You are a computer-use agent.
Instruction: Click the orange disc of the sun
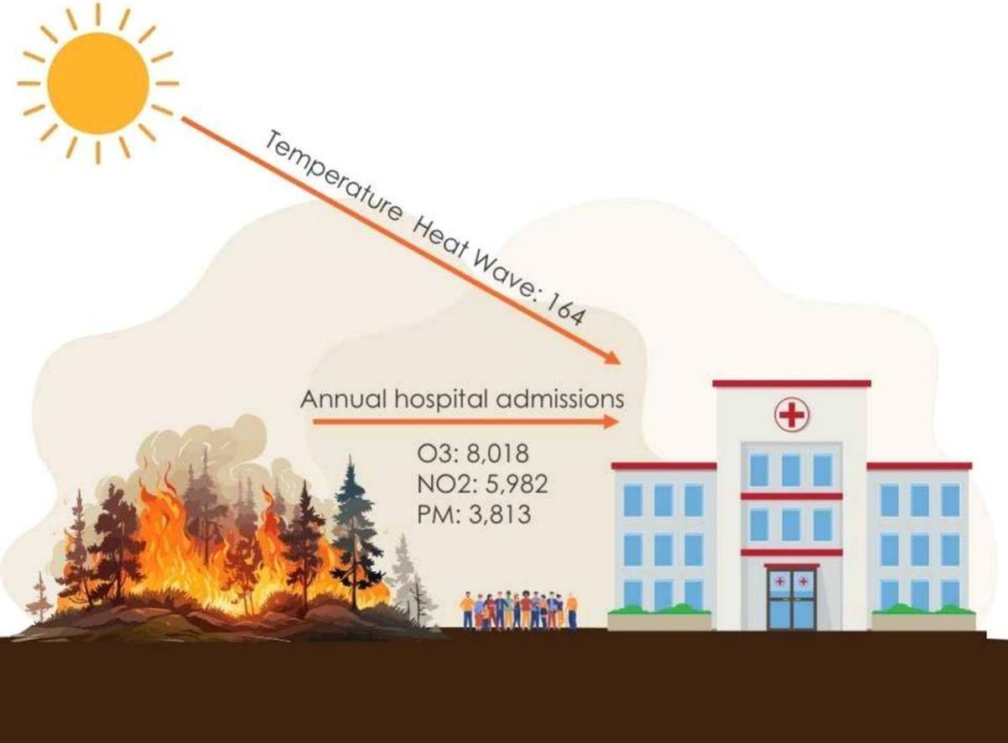click(97, 83)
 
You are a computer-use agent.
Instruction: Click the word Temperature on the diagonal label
click(331, 179)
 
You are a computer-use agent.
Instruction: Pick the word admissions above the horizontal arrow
click(559, 400)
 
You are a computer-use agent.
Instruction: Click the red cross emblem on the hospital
click(791, 414)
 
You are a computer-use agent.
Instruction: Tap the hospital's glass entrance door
click(791, 599)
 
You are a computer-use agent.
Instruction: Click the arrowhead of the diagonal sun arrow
click(613, 358)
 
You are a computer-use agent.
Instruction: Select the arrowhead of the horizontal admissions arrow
click(612, 422)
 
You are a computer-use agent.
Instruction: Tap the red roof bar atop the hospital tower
click(791, 384)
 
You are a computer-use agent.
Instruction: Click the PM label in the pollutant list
click(429, 514)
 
